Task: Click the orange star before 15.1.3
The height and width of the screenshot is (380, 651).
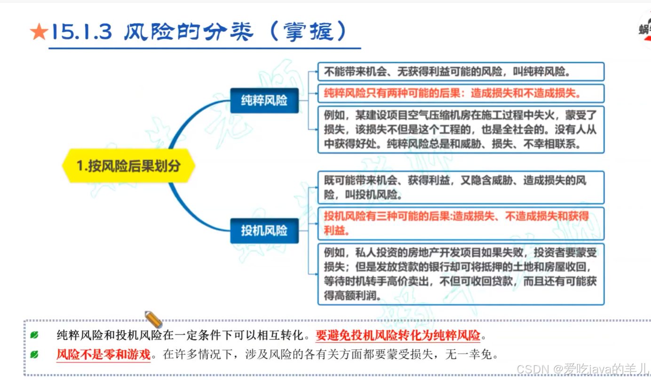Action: click(39, 32)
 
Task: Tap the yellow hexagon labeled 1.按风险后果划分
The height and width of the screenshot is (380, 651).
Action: click(128, 166)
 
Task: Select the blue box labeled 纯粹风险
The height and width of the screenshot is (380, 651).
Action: click(264, 100)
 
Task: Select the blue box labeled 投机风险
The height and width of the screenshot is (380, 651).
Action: click(264, 230)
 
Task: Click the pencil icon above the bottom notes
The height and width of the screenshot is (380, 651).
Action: click(153, 319)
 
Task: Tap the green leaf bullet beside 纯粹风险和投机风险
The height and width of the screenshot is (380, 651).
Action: click(34, 335)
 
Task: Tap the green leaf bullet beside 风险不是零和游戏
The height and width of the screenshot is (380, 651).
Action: click(34, 354)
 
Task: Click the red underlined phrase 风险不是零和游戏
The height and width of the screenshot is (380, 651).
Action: click(103, 354)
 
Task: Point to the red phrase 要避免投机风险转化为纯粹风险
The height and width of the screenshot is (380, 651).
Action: click(398, 335)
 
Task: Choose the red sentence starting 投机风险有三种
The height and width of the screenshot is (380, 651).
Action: click(456, 223)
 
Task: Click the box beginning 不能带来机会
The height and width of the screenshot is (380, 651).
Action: click(460, 72)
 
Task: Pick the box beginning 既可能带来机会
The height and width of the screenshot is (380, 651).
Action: click(460, 187)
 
